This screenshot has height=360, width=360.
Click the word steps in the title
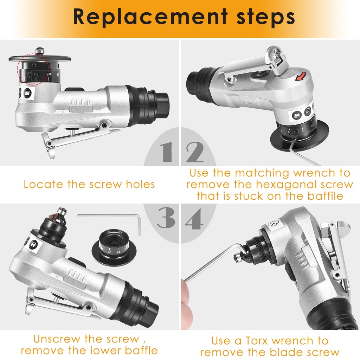tap(265, 17)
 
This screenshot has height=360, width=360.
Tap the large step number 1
tap(167, 152)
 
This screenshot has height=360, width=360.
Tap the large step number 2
tap(194, 152)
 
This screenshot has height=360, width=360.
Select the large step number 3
tap(166, 218)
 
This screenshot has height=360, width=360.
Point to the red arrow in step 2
tap(301, 76)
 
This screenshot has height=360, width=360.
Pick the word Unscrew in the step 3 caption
tap(56, 339)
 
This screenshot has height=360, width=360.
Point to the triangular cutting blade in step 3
tap(54, 216)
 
